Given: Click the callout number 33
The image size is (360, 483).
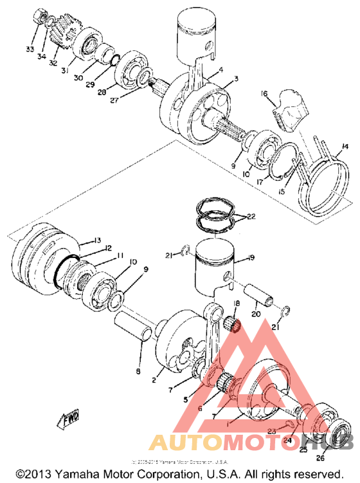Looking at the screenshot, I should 29,50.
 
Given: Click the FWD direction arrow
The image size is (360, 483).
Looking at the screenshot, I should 69,420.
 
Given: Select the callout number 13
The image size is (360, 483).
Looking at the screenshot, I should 97,240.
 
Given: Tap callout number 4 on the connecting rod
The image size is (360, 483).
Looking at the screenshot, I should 221,71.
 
